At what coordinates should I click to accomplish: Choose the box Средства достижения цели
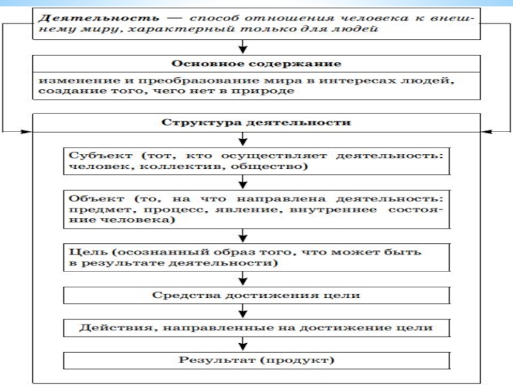coord(256,295)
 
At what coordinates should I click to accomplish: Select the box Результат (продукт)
coord(256,360)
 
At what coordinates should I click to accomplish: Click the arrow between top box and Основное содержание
coord(242,47)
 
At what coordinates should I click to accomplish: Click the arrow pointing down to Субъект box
coord(242,139)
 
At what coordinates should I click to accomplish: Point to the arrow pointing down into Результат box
coord(242,345)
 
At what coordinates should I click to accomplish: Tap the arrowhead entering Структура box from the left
coord(26,131)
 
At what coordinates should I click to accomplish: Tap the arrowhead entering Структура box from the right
coord(486,131)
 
